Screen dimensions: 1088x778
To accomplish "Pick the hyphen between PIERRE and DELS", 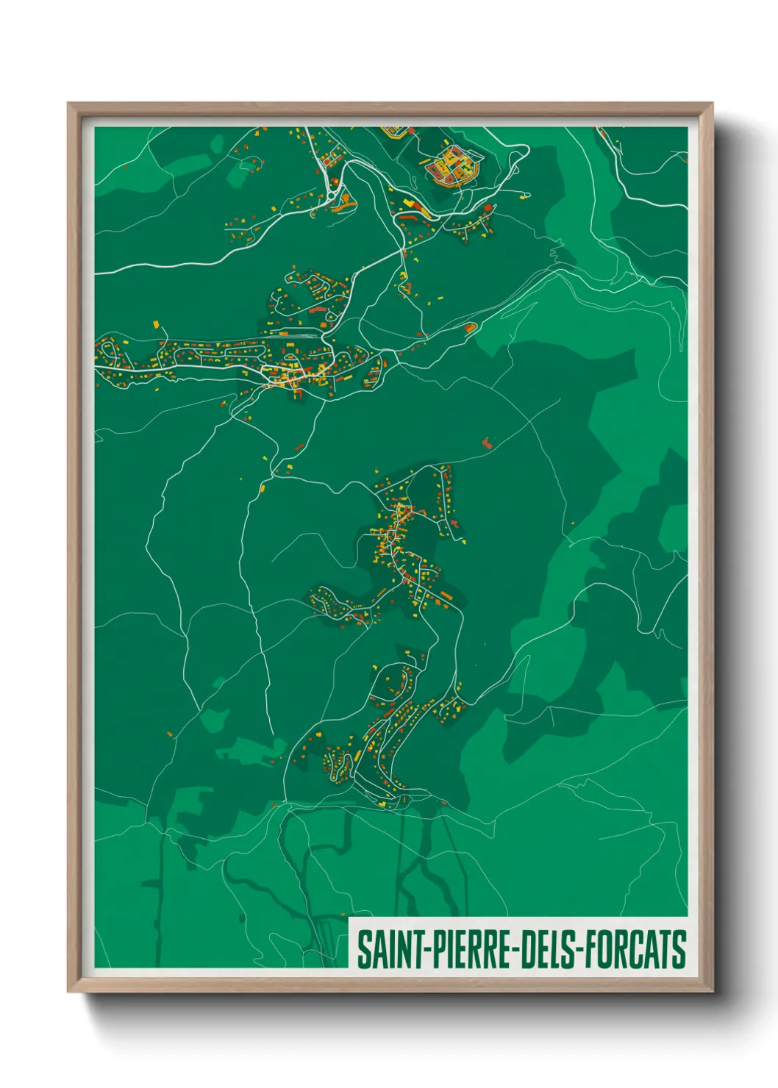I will click(513, 951).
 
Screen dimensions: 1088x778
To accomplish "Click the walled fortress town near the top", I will click(452, 164).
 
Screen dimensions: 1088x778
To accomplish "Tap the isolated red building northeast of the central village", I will click(486, 443).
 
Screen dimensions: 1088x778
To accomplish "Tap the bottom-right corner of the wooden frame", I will click(711, 990).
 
